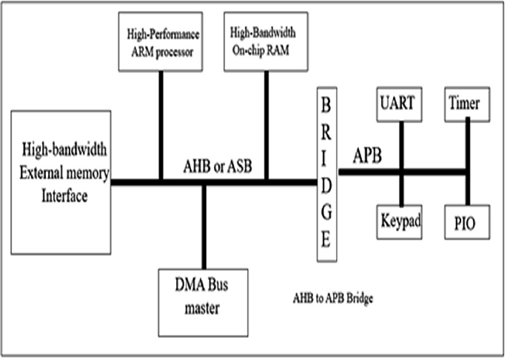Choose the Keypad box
[400, 221]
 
